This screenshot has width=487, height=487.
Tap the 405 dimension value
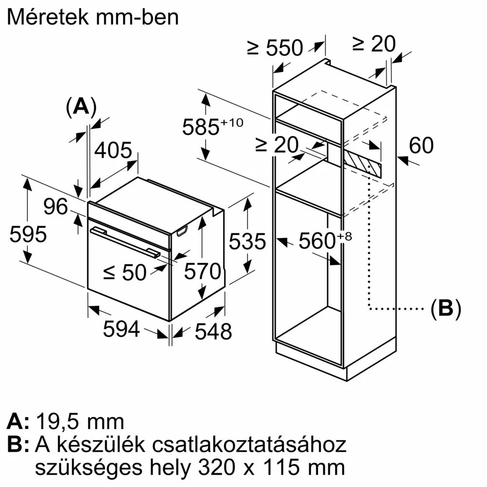pyautogui.click(x=113, y=150)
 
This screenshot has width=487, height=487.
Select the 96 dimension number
pyautogui.click(x=56, y=207)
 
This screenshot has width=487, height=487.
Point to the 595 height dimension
pyautogui.click(x=28, y=234)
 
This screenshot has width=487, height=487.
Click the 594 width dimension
pyautogui.click(x=121, y=329)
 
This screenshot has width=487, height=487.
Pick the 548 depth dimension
pyautogui.click(x=213, y=332)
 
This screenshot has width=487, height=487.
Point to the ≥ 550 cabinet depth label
pyautogui.click(x=275, y=48)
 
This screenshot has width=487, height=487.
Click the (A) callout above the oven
pyautogui.click(x=81, y=106)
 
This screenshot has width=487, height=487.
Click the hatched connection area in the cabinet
pyautogui.click(x=361, y=163)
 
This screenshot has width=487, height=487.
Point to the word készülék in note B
pyautogui.click(x=105, y=445)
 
